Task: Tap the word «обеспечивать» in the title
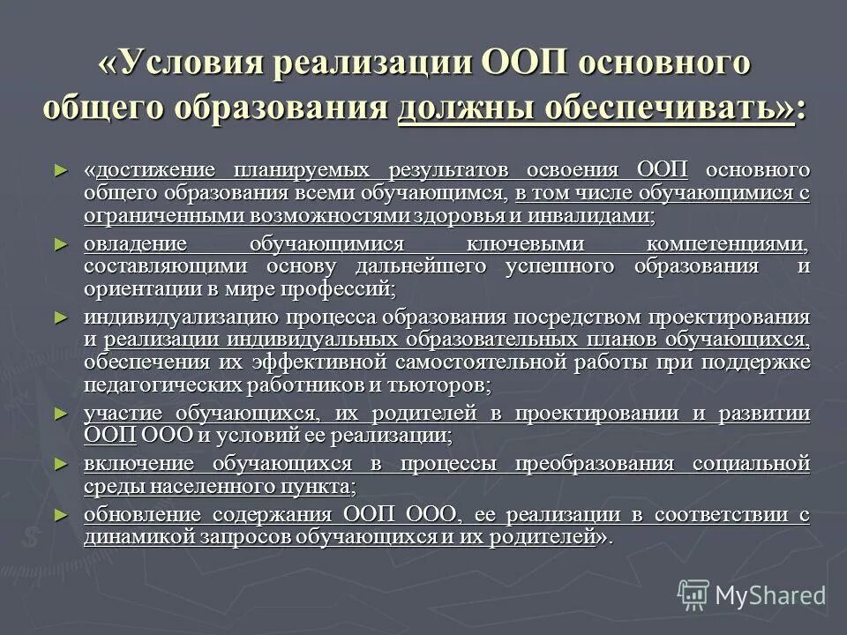[x=678, y=109]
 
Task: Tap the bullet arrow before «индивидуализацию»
[x=60, y=317]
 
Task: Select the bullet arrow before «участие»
[x=60, y=413]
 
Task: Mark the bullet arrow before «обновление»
[x=60, y=514]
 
